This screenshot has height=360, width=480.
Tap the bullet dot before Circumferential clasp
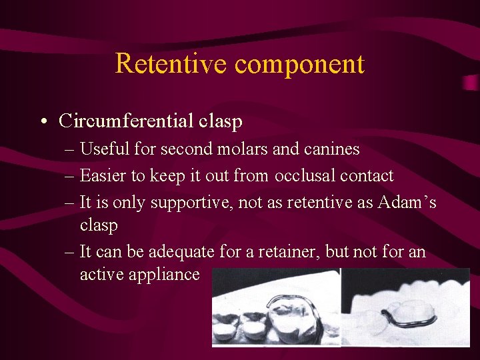click(43, 122)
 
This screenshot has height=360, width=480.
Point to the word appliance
click(167, 275)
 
